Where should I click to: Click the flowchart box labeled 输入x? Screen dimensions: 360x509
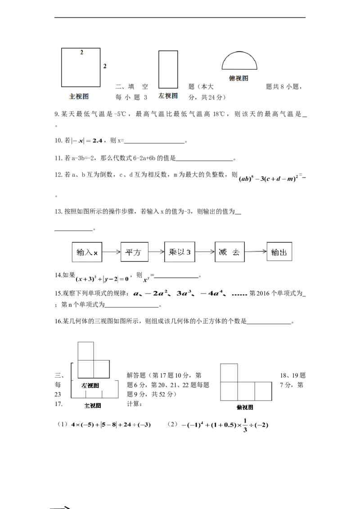click(x=87, y=252)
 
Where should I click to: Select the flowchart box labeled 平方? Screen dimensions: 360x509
click(x=134, y=252)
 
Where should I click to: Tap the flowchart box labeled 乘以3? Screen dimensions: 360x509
click(x=180, y=252)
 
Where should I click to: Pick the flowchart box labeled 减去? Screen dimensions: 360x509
click(x=229, y=252)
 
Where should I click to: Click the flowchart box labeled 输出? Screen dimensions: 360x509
click(x=279, y=251)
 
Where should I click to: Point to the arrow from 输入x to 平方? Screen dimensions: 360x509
click(x=112, y=252)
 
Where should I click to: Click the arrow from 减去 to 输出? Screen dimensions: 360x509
click(x=256, y=251)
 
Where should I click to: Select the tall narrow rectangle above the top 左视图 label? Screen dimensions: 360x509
click(x=168, y=69)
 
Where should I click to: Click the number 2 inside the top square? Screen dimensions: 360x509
click(x=81, y=52)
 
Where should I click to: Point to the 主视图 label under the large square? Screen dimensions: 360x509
click(x=79, y=96)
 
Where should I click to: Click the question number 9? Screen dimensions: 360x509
click(x=57, y=114)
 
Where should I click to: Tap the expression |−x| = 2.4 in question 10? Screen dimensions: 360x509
click(x=87, y=141)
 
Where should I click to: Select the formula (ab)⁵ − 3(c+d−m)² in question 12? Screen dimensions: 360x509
click(x=268, y=179)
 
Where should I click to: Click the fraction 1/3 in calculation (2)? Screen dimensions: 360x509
click(x=245, y=425)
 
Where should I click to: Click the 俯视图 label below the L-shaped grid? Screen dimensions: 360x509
click(x=245, y=407)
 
